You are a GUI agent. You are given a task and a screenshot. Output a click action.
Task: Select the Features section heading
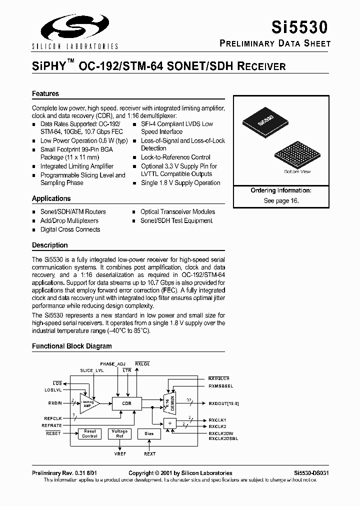tap(45, 93)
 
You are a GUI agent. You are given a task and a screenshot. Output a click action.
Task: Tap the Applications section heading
tap(51, 198)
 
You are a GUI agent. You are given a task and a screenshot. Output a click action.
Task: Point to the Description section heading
tap(49, 245)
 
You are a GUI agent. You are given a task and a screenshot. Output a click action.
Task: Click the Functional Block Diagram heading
tap(72, 346)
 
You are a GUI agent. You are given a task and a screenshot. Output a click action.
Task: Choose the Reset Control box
tap(90, 433)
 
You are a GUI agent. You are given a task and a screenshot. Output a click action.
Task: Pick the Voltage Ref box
tap(119, 433)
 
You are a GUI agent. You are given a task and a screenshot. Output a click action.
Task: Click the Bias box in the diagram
tap(149, 433)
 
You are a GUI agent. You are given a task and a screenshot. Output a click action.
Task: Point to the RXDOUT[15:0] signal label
tap(224, 403)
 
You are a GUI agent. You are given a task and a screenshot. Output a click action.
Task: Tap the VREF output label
tap(120, 453)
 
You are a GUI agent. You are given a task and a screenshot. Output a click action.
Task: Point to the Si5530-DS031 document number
tap(311, 472)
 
